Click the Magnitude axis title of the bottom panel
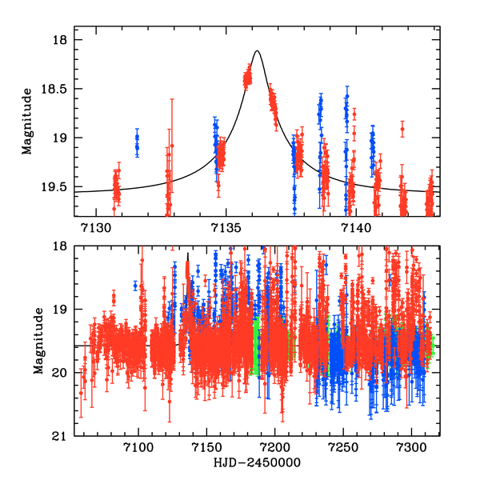37,342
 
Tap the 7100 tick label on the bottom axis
138,447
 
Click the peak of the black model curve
257,51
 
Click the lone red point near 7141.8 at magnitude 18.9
402,128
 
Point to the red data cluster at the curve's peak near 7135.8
247,78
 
